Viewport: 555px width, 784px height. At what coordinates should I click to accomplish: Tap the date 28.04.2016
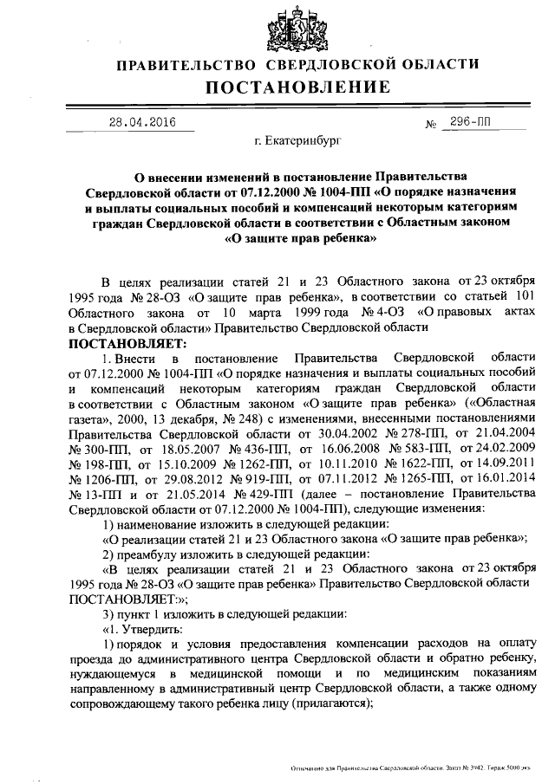click(x=141, y=122)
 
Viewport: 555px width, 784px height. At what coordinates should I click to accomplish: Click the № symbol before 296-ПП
click(x=430, y=124)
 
